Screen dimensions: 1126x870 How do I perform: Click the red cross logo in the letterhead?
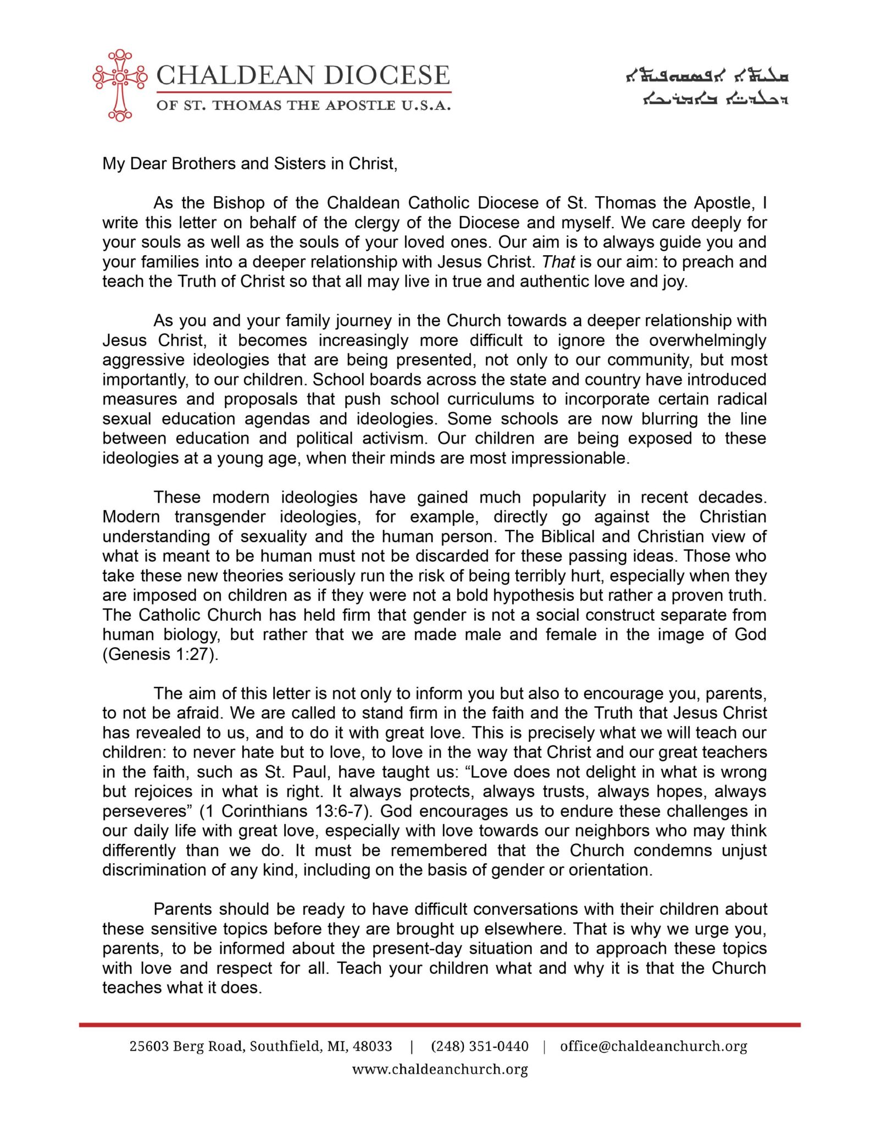pos(120,85)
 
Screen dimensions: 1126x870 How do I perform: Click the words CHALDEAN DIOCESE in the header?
pos(303,75)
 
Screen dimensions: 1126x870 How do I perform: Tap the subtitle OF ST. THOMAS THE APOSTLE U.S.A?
pos(303,105)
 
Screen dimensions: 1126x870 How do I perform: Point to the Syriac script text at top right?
pos(708,88)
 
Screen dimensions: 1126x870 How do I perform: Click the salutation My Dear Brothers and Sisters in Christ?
pos(250,164)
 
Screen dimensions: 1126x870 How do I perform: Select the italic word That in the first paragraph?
pos(558,262)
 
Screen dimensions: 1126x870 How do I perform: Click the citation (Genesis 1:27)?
pos(160,654)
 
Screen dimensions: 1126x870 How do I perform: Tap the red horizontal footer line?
pos(440,1025)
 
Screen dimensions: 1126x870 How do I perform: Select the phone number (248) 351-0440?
pos(479,1046)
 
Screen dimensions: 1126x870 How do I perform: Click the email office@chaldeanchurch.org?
pos(653,1046)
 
